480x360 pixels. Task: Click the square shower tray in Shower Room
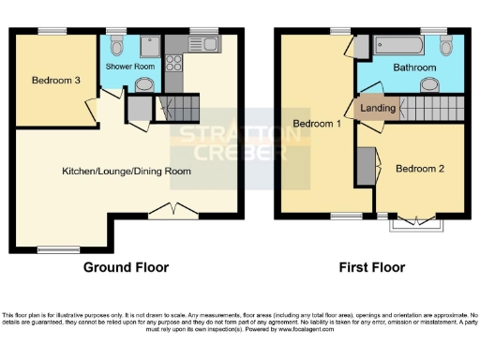147,46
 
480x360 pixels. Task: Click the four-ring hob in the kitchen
173,64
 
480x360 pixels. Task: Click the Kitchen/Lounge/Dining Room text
127,172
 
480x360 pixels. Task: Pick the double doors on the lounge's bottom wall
172,211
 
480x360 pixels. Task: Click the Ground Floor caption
127,267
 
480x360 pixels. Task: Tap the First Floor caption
372,267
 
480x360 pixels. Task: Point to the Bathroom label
413,68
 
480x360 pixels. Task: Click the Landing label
378,108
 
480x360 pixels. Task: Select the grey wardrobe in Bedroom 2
365,166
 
